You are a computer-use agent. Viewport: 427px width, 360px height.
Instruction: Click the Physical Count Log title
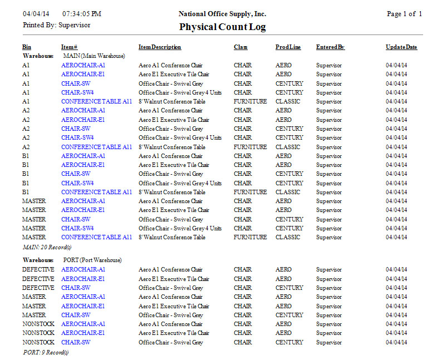222,27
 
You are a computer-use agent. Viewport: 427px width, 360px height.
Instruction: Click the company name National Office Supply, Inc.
222,14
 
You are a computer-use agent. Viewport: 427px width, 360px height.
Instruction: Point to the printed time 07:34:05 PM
82,14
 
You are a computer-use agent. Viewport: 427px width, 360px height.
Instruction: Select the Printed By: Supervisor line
56,25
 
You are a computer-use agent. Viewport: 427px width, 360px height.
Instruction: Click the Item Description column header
160,47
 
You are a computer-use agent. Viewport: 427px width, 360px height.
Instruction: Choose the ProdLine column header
288,47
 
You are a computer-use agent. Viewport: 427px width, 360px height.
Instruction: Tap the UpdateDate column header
401,47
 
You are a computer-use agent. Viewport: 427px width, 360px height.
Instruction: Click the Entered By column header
330,47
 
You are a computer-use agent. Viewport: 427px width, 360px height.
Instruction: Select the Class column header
241,47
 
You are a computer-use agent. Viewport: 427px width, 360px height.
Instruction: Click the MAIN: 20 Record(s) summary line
47,246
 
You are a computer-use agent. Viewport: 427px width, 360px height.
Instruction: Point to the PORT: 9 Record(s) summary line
46,352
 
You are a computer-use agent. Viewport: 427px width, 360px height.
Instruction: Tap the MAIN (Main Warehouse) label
94,56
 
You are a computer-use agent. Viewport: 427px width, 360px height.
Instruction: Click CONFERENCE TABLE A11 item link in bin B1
96,192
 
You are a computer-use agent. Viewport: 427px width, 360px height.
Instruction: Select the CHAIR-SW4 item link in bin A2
77,137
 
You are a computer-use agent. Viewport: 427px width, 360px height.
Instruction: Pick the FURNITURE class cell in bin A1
250,101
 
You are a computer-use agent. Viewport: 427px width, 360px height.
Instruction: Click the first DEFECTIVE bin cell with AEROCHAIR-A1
38,269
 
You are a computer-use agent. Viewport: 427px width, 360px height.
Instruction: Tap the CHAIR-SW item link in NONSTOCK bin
76,342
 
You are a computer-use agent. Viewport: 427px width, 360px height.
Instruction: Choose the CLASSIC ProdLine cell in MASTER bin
288,237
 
